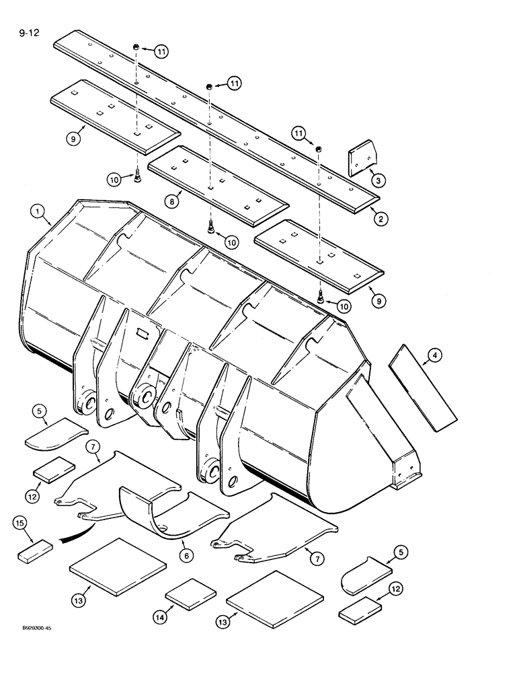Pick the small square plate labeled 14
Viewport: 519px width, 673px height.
tap(190, 594)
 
